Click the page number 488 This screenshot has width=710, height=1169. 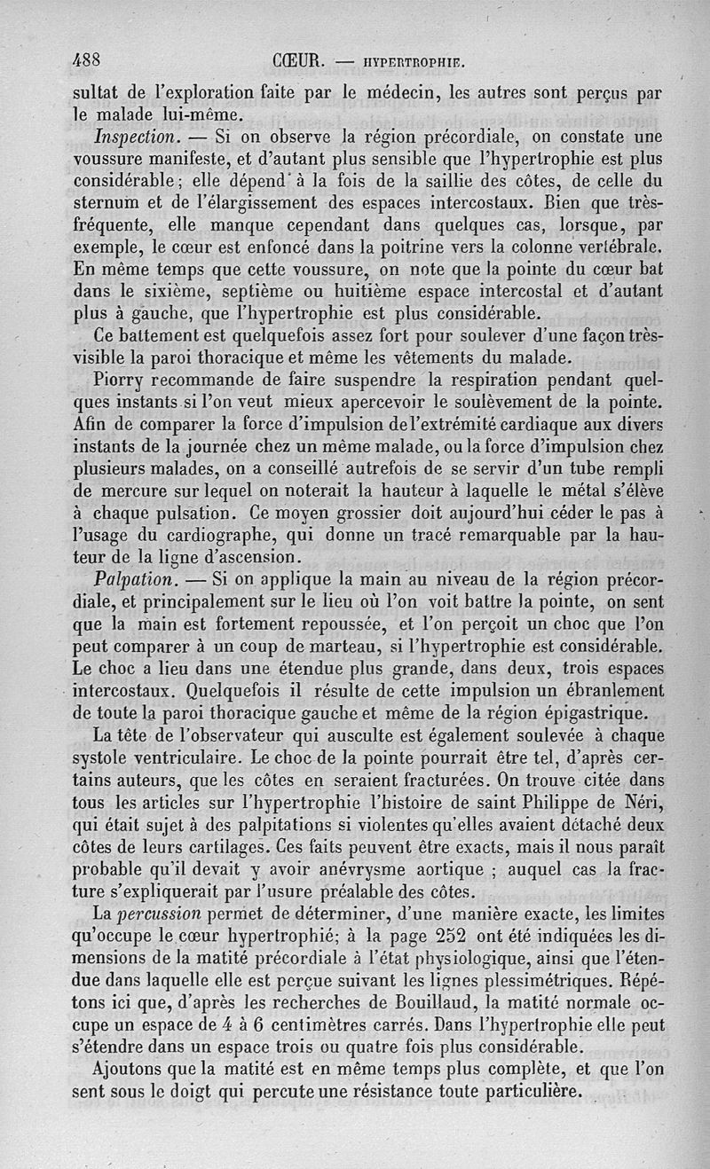[x=88, y=60]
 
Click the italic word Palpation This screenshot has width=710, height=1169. [x=133, y=579]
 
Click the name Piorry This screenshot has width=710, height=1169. [x=121, y=380]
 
